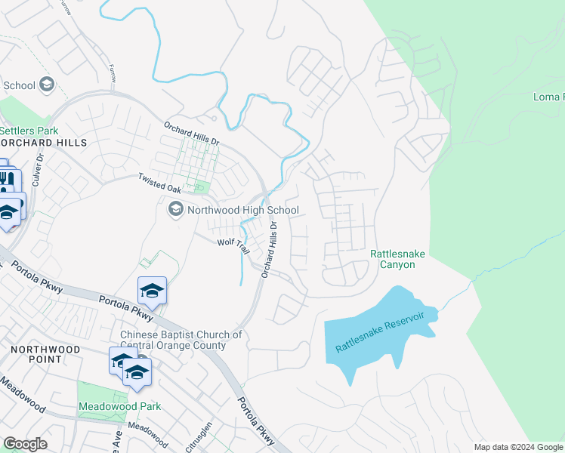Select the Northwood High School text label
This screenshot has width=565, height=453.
pyautogui.click(x=243, y=210)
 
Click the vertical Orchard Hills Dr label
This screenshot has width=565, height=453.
pyautogui.click(x=270, y=250)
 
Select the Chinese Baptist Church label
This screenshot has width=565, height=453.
pyautogui.click(x=181, y=340)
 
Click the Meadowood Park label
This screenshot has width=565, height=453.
pyautogui.click(x=119, y=406)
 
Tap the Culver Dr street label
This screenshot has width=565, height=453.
pyautogui.click(x=39, y=170)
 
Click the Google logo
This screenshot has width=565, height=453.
pyautogui.click(x=25, y=444)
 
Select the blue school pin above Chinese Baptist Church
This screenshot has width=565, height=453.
pyautogui.click(x=151, y=290)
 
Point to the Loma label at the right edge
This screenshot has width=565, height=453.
pyautogui.click(x=548, y=97)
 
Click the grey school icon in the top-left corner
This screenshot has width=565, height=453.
pyautogui.click(x=47, y=85)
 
